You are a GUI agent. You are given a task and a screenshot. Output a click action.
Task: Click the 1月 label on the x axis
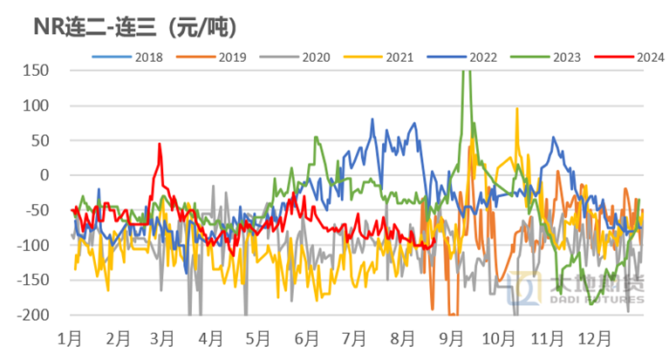72,336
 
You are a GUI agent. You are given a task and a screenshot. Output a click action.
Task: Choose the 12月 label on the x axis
597,336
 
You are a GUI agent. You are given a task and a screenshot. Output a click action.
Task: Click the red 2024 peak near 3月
160,145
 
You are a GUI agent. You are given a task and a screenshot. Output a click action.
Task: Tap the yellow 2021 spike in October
517,110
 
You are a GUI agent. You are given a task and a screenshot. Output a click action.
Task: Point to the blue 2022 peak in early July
372,120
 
